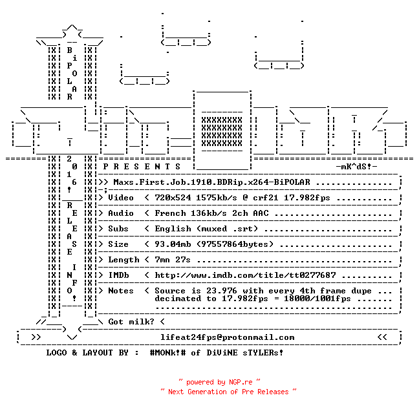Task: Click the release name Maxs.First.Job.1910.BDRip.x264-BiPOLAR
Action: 211,182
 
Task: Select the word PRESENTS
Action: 142,167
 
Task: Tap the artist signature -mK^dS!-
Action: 356,167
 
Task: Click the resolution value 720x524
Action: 173,198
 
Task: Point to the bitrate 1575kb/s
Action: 216,198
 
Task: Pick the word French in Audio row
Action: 170,213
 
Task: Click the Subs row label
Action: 118,229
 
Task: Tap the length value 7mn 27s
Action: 173,260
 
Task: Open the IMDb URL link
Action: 245,275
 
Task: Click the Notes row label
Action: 121,291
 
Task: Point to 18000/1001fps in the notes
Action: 317,299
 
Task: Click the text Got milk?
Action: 131,322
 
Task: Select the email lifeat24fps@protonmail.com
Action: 227,337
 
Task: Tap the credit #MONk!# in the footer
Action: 167,352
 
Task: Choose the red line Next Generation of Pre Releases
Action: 228,392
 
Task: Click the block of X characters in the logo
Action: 222,132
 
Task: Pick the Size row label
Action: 118,244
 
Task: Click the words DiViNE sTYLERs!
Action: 245,352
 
